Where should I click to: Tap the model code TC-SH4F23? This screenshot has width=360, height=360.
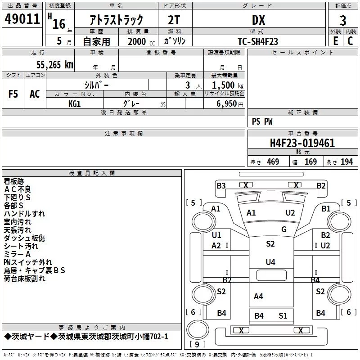pos(258,41)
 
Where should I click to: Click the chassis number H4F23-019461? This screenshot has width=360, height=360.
pos(302,143)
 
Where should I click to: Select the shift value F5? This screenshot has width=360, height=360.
pos(13,94)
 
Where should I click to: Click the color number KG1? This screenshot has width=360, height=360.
pos(75,103)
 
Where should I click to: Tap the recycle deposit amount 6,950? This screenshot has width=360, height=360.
pos(227,104)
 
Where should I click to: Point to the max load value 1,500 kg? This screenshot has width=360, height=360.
pos(227,85)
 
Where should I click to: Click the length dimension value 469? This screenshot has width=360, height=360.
pos(273,162)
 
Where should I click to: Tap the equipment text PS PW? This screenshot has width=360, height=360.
pos(262,121)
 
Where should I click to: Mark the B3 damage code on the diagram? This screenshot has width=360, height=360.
pos(221,185)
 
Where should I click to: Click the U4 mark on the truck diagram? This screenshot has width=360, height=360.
pos(270,262)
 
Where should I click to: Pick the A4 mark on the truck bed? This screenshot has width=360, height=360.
pos(258,296)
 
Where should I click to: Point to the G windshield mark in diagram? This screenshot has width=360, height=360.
pos(284,229)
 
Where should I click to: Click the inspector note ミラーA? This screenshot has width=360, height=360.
pos(17,254)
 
